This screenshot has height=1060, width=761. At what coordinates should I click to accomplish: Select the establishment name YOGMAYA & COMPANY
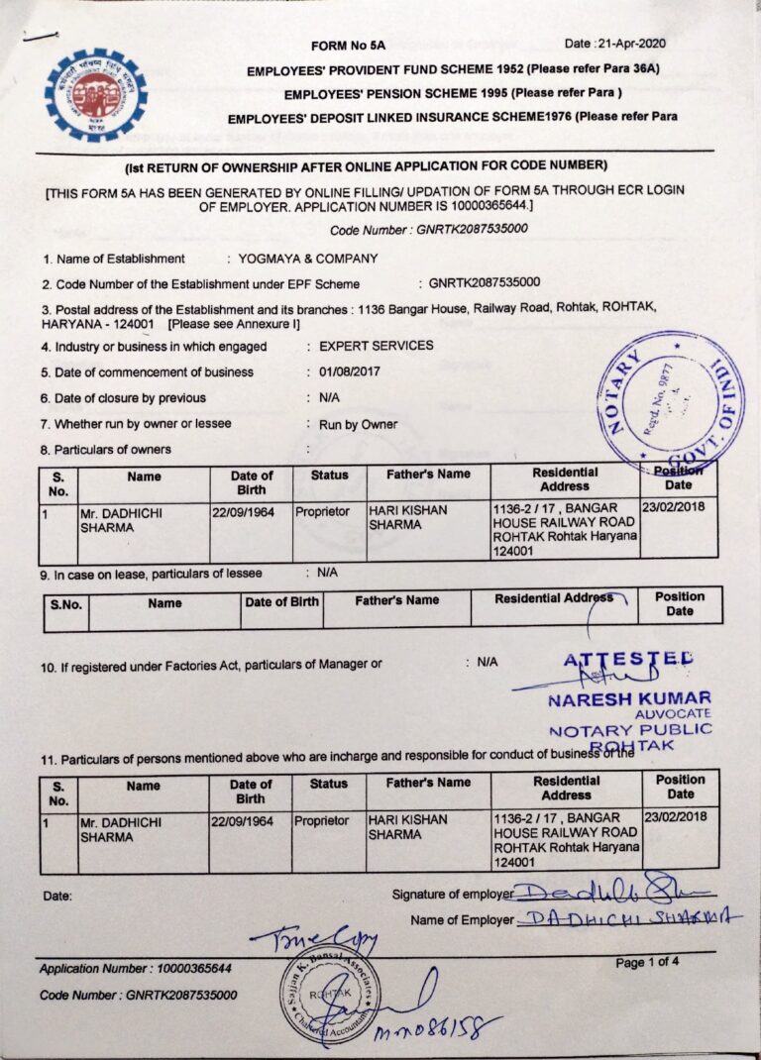click(x=308, y=259)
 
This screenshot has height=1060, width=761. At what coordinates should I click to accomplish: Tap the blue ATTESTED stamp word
click(x=628, y=660)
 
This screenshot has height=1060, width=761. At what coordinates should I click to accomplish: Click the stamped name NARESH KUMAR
click(x=629, y=698)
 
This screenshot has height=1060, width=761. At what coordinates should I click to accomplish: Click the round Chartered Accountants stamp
click(x=327, y=996)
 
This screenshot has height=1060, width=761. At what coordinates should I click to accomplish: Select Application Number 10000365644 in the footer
click(x=136, y=968)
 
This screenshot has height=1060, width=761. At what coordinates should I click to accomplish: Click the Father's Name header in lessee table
click(x=396, y=599)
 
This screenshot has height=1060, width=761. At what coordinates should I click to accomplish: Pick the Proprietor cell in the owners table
click(x=322, y=511)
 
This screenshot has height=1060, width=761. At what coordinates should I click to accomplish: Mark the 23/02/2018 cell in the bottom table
click(x=680, y=817)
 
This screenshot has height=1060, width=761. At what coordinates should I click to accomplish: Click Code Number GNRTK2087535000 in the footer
click(x=139, y=994)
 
